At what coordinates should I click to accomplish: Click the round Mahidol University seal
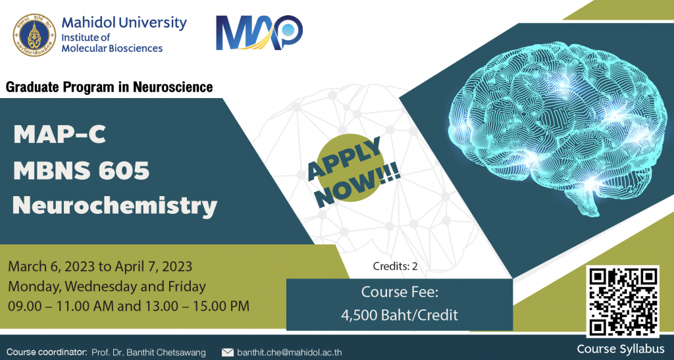point(34,35)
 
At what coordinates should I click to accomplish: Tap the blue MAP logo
point(259,33)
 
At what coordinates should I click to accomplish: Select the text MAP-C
point(60,134)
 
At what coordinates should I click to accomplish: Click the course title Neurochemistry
point(115,205)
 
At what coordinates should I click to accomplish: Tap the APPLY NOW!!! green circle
point(352,170)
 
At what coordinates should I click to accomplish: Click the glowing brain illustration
point(556,127)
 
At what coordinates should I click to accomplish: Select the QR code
point(623,301)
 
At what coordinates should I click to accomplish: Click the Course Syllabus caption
point(620,348)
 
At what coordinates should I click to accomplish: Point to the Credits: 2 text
point(395,267)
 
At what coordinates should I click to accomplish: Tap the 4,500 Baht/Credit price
point(400,315)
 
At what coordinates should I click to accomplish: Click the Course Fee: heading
point(400,292)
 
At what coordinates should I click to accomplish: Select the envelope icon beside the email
point(227,352)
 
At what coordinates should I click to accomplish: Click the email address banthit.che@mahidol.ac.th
point(290,352)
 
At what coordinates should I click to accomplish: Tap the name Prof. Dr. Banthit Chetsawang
point(148,353)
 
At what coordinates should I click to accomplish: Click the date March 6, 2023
point(51,267)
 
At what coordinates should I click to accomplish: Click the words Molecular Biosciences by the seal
point(112,48)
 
